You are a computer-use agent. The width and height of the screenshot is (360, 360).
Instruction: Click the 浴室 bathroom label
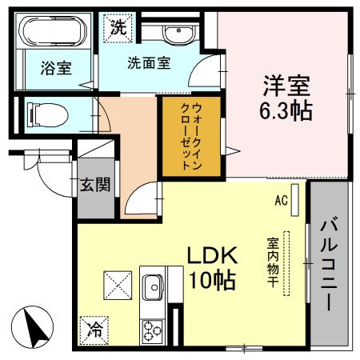[55, 68]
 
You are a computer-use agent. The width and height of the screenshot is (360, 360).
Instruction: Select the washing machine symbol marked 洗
[117, 26]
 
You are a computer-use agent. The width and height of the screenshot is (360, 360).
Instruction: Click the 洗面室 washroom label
[149, 65]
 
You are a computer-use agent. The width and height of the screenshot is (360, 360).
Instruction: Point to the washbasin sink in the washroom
[178, 33]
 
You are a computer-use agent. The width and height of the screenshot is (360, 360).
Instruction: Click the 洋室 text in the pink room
[283, 84]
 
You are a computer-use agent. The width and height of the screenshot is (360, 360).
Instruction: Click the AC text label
[281, 200]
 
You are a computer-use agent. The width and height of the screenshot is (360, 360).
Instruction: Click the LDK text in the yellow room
[212, 256]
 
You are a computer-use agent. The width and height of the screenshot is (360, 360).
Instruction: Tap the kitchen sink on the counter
[152, 286]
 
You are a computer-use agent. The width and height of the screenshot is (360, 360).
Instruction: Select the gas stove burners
[152, 330]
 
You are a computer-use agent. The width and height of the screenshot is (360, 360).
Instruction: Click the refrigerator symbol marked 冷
[94, 327]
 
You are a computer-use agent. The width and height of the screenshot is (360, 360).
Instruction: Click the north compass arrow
[34, 327]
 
